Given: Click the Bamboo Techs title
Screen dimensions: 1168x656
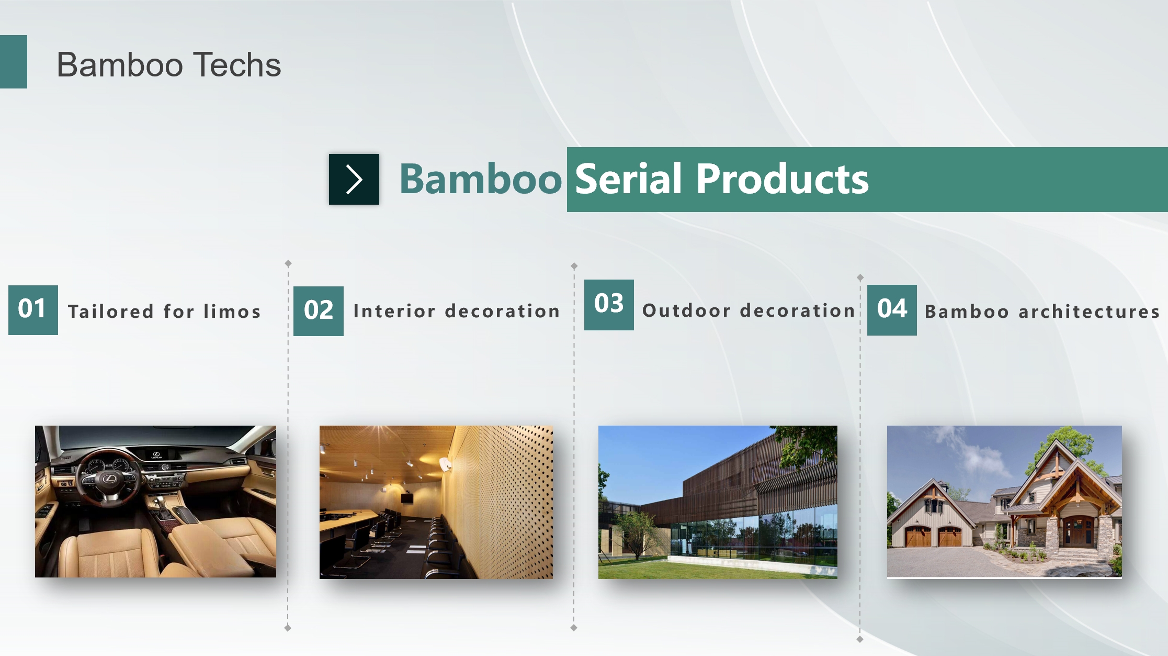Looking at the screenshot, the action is point(168,65).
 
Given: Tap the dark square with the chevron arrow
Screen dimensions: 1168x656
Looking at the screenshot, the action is point(354,179).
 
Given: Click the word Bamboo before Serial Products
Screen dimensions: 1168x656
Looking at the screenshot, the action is point(480,179).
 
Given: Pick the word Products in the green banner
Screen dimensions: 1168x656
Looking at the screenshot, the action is point(782,179).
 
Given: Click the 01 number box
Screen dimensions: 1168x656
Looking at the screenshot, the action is point(33,310).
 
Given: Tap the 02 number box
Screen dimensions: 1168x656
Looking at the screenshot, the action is point(318,311).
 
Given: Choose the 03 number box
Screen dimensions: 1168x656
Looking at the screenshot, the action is point(609,305).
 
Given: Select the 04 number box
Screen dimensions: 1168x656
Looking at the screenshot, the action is point(892,310).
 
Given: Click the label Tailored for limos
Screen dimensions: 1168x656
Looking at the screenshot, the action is point(164,312).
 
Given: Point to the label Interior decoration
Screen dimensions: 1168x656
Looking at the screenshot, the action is point(456,311).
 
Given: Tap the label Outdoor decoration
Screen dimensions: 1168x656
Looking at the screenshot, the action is point(749,310).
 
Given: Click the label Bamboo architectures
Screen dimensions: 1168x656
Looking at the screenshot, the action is point(1042,312).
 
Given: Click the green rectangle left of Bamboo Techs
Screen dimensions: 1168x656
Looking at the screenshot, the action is point(14,62).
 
